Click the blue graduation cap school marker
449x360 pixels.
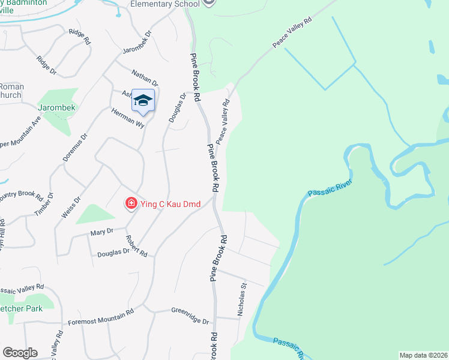(143, 101)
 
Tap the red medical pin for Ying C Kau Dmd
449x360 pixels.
(130, 204)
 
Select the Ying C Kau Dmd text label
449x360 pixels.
(170, 204)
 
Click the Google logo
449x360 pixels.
(19, 353)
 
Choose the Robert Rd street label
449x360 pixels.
(136, 245)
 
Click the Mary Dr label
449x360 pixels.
(101, 232)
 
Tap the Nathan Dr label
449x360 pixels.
(145, 78)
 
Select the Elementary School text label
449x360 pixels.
(166, 4)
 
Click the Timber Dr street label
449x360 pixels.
(44, 204)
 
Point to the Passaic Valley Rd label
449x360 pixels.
(23, 289)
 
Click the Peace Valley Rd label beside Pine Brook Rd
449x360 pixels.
(223, 121)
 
